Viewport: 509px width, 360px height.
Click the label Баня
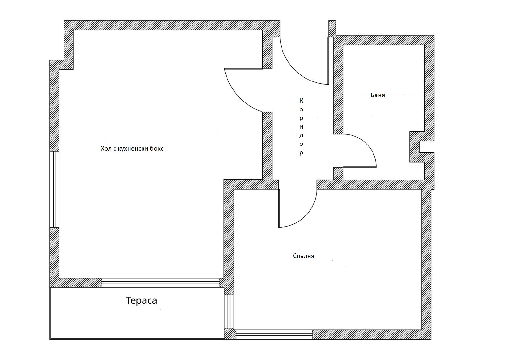pyautogui.click(x=378, y=95)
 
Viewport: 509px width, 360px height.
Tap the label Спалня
pyautogui.click(x=303, y=256)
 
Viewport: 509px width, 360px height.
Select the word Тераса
pyautogui.click(x=141, y=300)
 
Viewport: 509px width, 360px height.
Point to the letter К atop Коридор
pyautogui.click(x=301, y=101)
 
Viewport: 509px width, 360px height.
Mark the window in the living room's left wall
pyautogui.click(x=54, y=189)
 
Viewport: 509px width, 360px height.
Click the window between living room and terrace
pyautogui.click(x=160, y=283)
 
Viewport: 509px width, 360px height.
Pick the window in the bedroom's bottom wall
pyautogui.click(x=274, y=335)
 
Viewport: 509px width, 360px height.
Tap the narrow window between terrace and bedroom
pyautogui.click(x=229, y=312)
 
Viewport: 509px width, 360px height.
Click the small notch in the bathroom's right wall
pyautogui.click(x=426, y=147)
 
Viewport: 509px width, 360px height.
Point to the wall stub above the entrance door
pyautogui.click(x=332, y=28)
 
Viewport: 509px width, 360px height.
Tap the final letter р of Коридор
pyautogui.click(x=301, y=153)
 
